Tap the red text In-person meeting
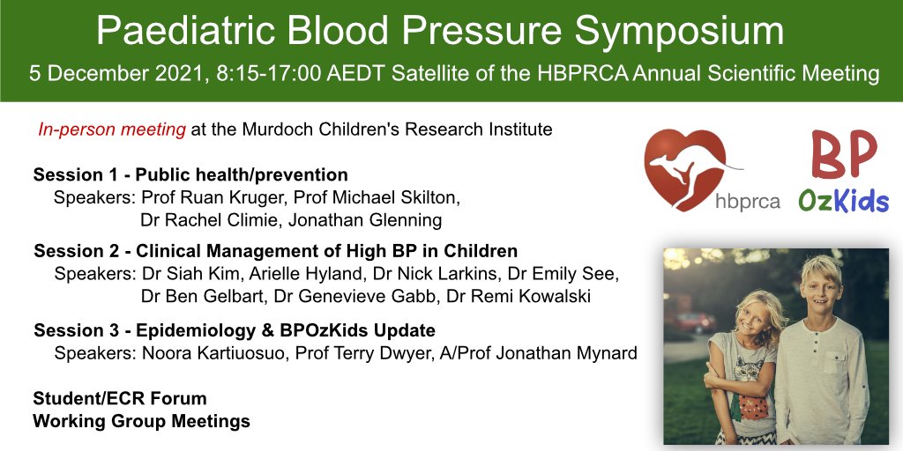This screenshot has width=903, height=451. point(111,130)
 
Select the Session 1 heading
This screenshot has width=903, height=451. point(190,174)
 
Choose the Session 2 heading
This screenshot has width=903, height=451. point(275,251)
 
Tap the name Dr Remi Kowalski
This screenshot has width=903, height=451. point(519,297)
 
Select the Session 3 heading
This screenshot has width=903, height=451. point(235,330)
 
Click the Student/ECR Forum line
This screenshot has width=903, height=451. point(119,399)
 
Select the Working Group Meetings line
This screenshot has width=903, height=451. point(141,421)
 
